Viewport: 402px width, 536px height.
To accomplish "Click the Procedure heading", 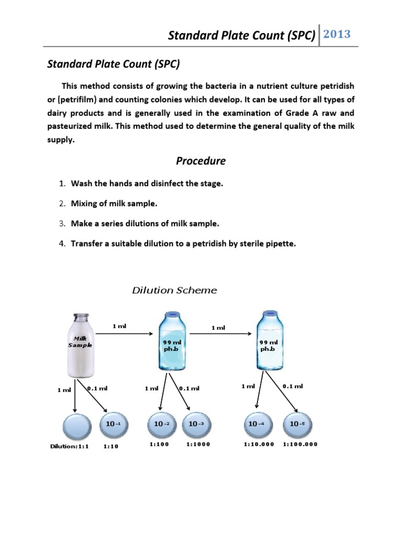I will [x=200, y=161].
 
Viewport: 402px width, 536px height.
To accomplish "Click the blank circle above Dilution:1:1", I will [x=77, y=426].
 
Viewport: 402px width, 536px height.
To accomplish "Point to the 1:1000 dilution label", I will [x=197, y=444].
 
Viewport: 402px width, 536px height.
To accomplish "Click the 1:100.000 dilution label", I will [x=300, y=444].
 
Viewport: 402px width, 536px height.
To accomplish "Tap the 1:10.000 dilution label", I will [x=259, y=444].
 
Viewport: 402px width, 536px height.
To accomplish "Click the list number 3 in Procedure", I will [x=61, y=224].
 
